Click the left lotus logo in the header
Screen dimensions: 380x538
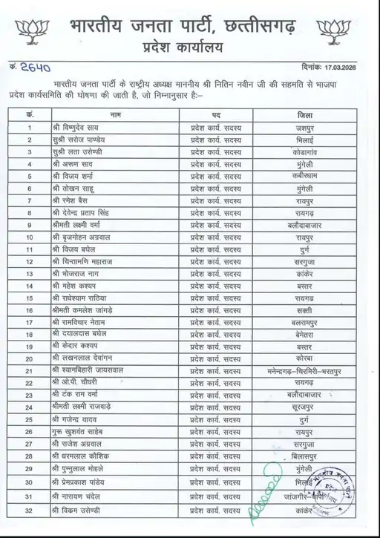(33, 30)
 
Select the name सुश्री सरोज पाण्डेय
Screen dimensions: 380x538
(83, 140)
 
